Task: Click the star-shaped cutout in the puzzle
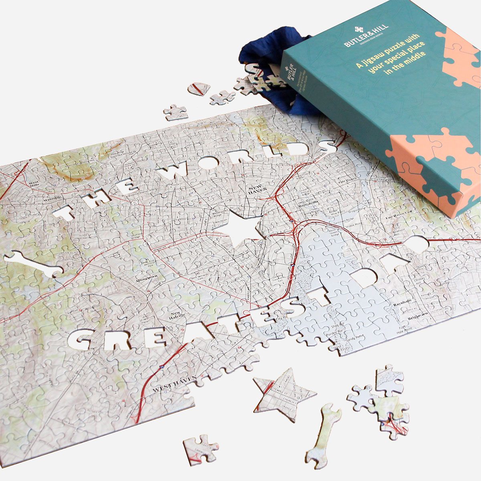point(242,228)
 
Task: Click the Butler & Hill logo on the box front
point(359,30)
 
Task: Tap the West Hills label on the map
point(34,184)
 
